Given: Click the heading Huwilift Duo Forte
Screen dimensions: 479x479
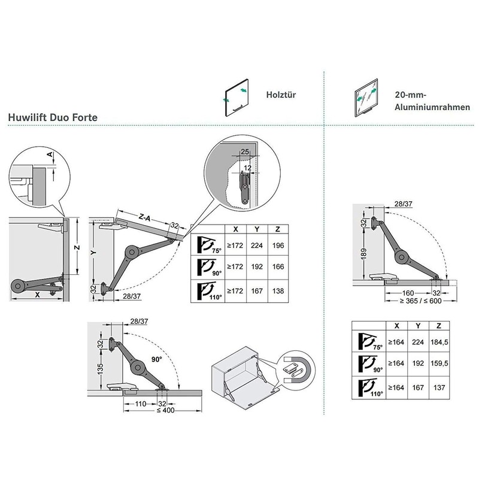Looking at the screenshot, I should click(x=53, y=117).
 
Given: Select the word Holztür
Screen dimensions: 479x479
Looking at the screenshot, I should click(x=281, y=94).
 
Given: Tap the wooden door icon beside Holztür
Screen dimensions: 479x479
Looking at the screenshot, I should click(x=235, y=98).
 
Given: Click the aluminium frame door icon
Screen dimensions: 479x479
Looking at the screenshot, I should click(x=366, y=98).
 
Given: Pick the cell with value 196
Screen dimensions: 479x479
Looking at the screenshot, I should click(x=278, y=245).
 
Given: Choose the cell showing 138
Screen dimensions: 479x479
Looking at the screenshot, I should click(x=278, y=291).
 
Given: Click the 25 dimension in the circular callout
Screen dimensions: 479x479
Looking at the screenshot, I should click(x=244, y=152).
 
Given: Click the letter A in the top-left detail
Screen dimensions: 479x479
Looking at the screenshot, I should click(x=50, y=154).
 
